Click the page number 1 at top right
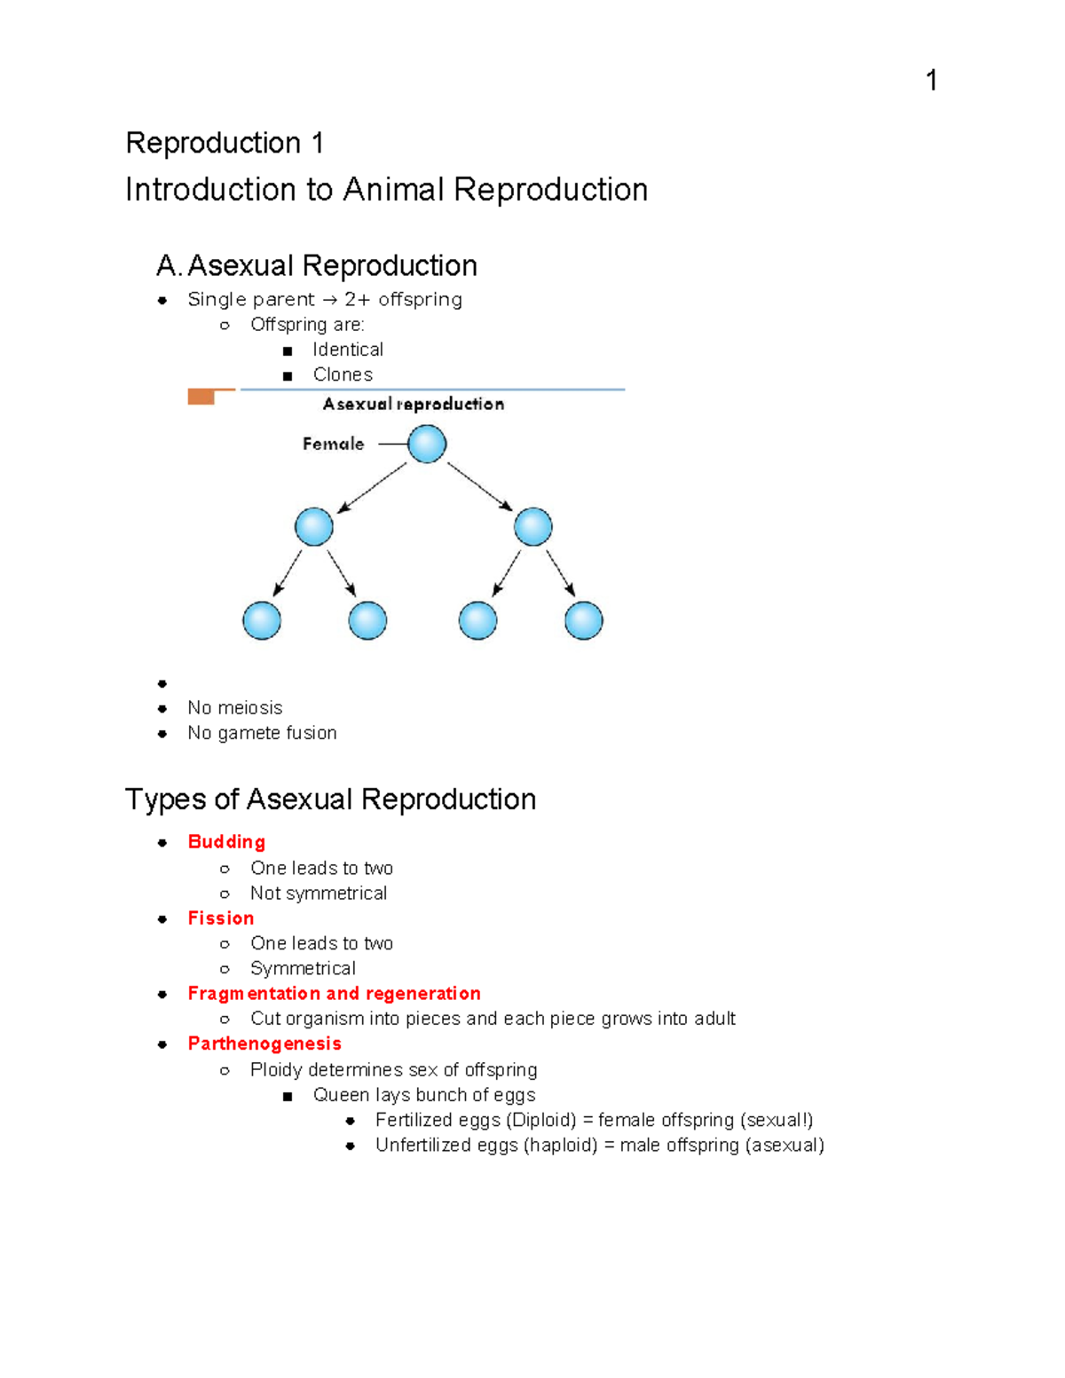(931, 81)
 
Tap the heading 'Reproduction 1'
(225, 143)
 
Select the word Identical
(348, 350)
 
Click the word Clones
(343, 374)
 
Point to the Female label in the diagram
(333, 444)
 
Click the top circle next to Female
(427, 444)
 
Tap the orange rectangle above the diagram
(201, 397)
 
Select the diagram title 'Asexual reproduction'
(414, 404)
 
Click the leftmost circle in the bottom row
(262, 620)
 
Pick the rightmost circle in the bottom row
(583, 620)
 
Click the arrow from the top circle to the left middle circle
(373, 487)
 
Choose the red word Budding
(226, 841)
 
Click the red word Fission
(221, 917)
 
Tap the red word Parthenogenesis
(264, 1043)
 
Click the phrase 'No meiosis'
(235, 707)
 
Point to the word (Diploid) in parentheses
(541, 1120)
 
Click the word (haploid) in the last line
(561, 1145)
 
